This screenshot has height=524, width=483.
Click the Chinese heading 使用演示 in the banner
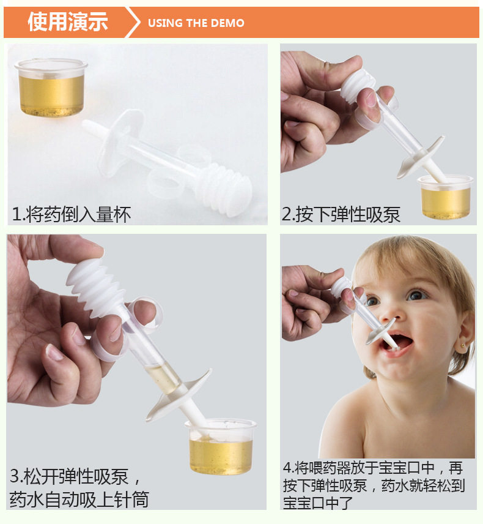[68, 21]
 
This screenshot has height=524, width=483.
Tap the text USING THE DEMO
[196, 23]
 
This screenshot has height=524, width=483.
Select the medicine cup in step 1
[51, 88]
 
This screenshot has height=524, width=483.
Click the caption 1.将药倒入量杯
[71, 214]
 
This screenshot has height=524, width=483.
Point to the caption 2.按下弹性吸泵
[341, 214]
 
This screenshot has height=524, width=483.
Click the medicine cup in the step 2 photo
[445, 196]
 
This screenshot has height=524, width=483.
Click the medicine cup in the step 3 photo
[221, 446]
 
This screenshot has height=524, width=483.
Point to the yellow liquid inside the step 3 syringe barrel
[164, 378]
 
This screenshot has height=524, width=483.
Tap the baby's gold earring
[463, 345]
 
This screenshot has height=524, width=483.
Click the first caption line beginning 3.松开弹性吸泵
[75, 476]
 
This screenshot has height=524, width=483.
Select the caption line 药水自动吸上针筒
[79, 500]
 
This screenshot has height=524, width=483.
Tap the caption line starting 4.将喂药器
[373, 468]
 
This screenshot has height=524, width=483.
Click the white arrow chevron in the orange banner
[133, 22]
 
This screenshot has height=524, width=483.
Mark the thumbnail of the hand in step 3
[53, 352]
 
